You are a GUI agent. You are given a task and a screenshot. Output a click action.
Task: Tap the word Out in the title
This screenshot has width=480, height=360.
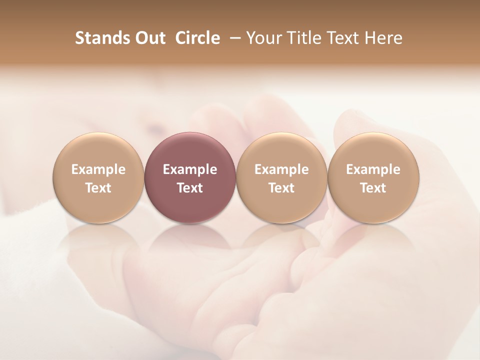(149, 38)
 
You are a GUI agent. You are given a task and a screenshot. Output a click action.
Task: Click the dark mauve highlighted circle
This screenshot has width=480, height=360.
(190, 178)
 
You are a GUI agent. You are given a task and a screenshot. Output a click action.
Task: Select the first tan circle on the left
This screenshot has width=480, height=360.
(98, 178)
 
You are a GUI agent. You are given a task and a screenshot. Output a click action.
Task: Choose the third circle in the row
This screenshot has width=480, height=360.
(281, 178)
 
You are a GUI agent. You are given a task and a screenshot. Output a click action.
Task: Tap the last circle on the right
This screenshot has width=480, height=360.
(373, 178)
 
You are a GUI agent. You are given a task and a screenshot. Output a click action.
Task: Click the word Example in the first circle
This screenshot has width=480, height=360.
(98, 169)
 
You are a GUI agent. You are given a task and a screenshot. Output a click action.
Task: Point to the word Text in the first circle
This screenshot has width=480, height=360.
(98, 188)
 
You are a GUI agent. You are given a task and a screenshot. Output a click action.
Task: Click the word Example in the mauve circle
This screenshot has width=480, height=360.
(190, 169)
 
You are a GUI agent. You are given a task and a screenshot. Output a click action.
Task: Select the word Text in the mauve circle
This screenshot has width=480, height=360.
(190, 188)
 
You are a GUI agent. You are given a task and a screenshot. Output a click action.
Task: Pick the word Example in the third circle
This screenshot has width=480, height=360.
(281, 169)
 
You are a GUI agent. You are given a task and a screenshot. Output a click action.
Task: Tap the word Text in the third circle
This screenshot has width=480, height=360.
(281, 188)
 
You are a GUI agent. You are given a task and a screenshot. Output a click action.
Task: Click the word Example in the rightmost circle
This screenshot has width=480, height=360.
(373, 169)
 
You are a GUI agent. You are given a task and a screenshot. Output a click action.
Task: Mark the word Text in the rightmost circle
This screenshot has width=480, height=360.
(373, 188)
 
